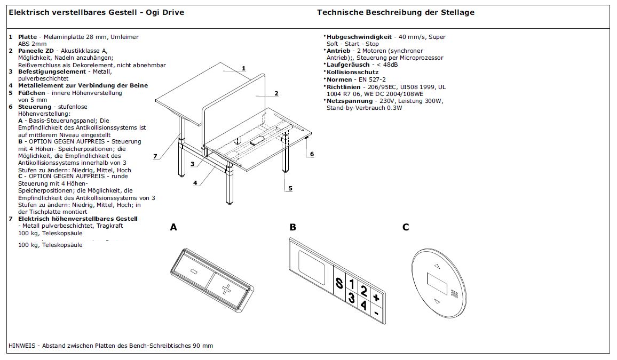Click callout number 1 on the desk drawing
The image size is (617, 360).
tap(243, 68)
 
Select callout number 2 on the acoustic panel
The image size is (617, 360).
tap(276, 93)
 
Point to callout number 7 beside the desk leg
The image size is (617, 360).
tap(155, 156)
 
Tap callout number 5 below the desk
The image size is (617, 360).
tap(290, 188)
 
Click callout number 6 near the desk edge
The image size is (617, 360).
tap(312, 154)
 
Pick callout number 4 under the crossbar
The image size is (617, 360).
tap(195, 182)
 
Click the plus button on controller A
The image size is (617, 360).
tap(225, 290)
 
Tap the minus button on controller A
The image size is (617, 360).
tap(193, 271)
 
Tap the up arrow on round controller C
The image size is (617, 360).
tap(438, 265)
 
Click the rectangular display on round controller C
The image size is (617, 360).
tap(437, 283)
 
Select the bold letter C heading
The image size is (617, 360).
tap(406, 227)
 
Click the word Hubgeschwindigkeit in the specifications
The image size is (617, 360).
tap(359, 37)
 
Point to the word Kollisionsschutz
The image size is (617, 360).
tap(353, 71)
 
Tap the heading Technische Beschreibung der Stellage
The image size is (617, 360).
tap(395, 12)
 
